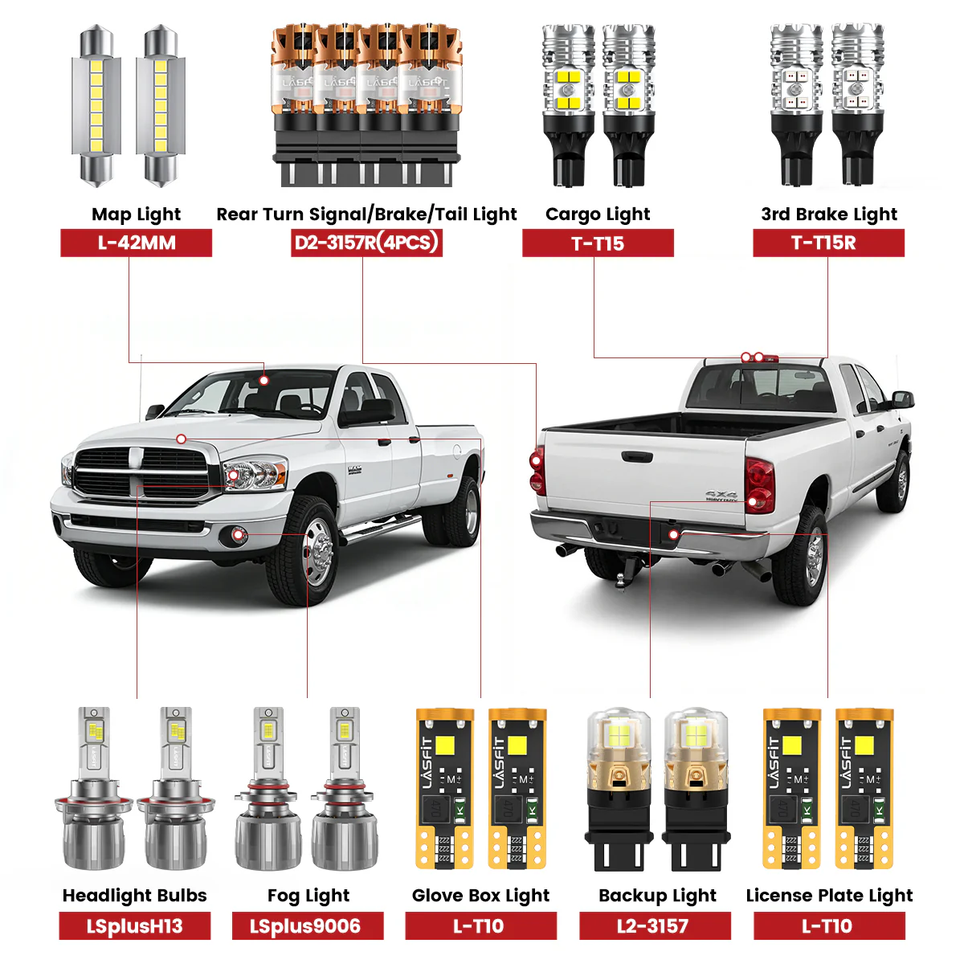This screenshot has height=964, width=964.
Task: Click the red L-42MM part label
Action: click(136, 243)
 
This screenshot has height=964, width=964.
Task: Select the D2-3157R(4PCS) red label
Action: click(366, 243)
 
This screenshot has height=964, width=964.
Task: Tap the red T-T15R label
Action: click(828, 243)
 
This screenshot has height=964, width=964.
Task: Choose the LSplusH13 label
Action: click(135, 926)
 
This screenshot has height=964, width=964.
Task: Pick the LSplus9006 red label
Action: click(308, 926)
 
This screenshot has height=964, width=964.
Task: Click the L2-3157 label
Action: click(655, 926)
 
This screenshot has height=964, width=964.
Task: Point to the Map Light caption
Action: click(136, 214)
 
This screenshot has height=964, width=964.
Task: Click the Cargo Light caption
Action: click(598, 214)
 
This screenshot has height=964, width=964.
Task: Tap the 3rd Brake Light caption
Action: click(829, 214)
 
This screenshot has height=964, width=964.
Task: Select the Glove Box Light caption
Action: click(480, 896)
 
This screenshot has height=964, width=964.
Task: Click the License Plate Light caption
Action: click(829, 896)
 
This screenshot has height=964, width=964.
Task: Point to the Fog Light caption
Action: click(308, 896)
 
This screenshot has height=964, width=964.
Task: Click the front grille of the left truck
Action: click(141, 472)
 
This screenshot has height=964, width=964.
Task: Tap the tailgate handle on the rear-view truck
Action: click(637, 456)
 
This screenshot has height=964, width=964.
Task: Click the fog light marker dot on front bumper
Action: click(239, 535)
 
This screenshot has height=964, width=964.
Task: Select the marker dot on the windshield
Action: click(264, 381)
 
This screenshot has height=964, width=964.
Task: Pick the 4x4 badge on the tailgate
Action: click(721, 495)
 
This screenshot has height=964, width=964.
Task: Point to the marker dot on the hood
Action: click(181, 439)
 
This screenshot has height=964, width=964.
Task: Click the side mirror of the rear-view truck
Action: click(902, 400)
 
